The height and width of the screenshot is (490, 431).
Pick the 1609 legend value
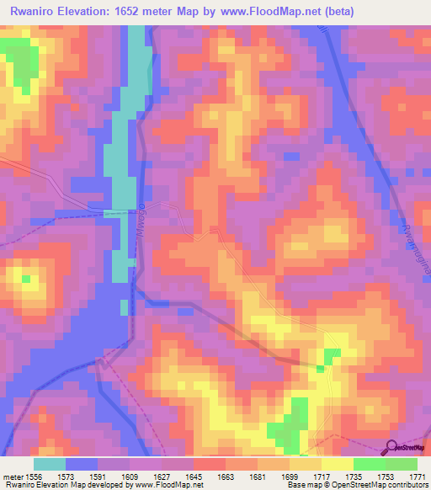[132, 476]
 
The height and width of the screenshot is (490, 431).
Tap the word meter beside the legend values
[13, 476]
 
